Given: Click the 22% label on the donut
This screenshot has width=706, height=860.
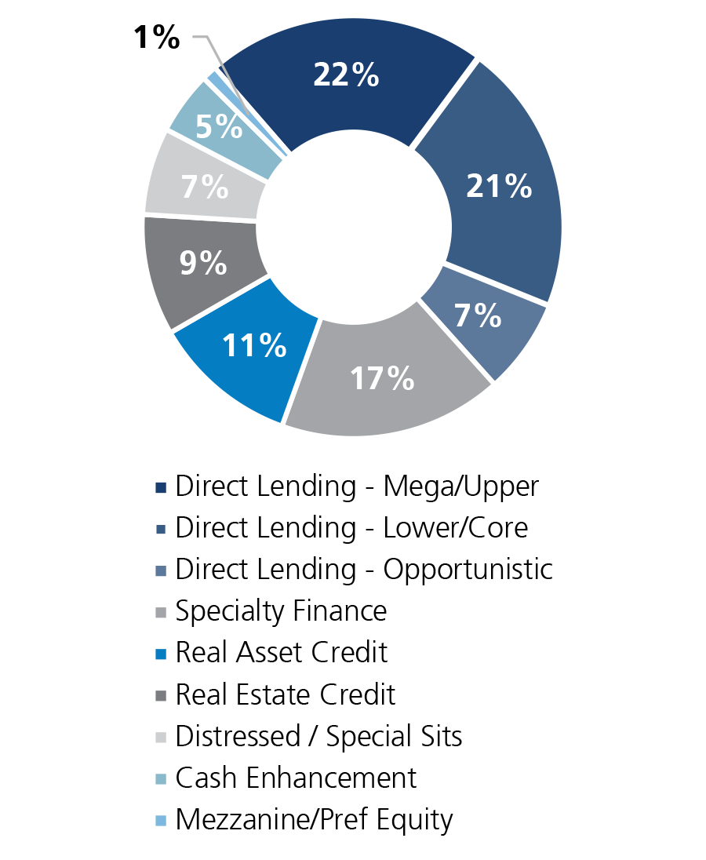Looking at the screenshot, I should (346, 75).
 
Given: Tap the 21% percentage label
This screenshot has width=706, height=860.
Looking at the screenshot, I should (498, 186).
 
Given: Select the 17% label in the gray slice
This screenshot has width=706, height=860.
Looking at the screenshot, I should (381, 378).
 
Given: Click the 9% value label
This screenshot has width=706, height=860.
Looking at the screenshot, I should (202, 264).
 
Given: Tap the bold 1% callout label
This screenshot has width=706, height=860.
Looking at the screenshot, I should (157, 37).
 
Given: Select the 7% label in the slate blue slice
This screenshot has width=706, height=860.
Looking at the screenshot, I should (478, 315).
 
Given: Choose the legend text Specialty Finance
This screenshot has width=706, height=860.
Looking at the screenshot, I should (281, 611).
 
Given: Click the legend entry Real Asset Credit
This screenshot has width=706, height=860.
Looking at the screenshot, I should (281, 653).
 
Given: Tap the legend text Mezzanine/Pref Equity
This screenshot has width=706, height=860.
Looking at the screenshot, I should (314, 820).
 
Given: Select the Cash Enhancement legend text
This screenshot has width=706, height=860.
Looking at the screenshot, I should (296, 778).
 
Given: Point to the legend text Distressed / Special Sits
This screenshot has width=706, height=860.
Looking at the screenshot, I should (318, 737).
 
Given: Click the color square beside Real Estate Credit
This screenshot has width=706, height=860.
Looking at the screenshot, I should (161, 696).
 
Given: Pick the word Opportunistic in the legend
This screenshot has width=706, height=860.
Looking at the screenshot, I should (468, 570).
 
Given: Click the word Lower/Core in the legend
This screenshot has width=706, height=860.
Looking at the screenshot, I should (455, 528).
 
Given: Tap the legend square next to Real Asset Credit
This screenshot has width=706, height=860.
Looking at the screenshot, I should (161, 654).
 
